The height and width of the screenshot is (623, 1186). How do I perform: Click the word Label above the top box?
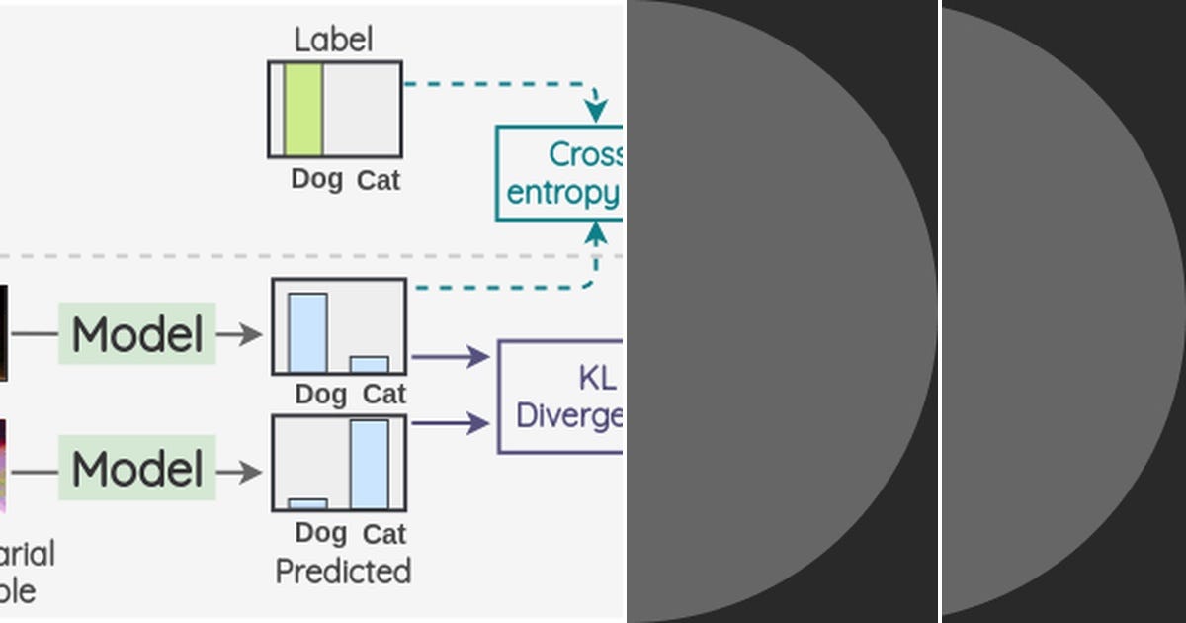(333, 40)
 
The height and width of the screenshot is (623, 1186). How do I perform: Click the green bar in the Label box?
(304, 109)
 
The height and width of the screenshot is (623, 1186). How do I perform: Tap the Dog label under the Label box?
(316, 180)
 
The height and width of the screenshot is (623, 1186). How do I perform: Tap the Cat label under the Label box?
(379, 181)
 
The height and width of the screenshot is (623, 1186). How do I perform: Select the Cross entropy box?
(559, 173)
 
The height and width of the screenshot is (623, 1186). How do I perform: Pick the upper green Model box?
(137, 334)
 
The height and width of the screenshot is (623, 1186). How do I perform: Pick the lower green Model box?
(137, 468)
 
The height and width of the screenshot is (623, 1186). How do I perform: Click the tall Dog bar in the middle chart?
(307, 332)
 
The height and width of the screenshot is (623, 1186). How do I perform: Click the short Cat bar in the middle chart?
(370, 364)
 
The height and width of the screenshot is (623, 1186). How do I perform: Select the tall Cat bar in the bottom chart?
(369, 464)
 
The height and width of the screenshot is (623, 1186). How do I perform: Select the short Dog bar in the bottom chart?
(307, 503)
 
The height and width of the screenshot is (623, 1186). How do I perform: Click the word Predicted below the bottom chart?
(343, 572)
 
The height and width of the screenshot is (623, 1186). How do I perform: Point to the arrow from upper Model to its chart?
(240, 335)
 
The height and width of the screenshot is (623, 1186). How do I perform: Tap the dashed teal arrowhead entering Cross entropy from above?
(595, 105)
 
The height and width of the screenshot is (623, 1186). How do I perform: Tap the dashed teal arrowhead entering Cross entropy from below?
(596, 234)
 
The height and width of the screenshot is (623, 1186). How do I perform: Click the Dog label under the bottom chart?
(320, 533)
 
